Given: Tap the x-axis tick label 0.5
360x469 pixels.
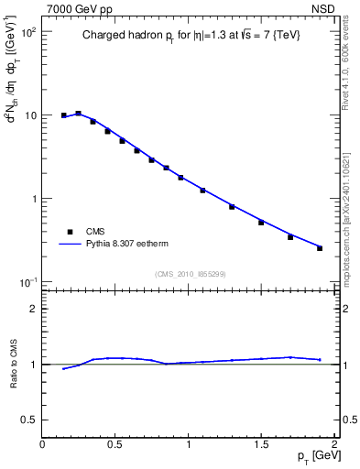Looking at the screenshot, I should click(115, 444).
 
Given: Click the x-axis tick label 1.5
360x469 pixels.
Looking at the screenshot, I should click(261, 444).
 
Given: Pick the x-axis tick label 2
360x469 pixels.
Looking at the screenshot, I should click(334, 444).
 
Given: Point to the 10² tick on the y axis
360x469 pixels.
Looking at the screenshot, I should click(28, 32).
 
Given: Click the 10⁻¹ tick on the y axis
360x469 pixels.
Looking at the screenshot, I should click(28, 281).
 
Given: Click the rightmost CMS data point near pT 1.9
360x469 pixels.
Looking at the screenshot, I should click(320, 248).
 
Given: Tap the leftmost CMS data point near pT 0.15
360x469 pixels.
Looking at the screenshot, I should click(64, 115).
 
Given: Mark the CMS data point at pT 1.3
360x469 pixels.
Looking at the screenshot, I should click(232, 206).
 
